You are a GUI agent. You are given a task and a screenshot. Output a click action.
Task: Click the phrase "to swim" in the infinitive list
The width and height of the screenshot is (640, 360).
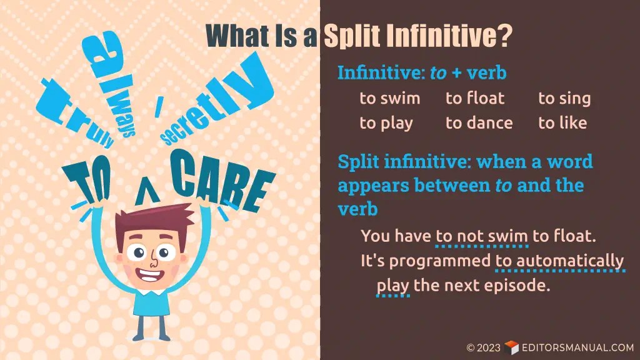[x=389, y=99]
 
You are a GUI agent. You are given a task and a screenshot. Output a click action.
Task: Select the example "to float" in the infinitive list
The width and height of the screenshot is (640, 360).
[x=474, y=99]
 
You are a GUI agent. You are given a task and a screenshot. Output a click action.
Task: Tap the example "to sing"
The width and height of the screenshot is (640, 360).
[x=564, y=99]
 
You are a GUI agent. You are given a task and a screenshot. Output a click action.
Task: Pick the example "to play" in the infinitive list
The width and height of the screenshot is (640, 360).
[x=386, y=123]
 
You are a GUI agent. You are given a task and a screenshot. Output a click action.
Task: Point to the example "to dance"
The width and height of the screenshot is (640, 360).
[x=479, y=123]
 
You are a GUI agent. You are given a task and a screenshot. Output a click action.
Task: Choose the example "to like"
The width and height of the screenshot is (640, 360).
[x=562, y=123]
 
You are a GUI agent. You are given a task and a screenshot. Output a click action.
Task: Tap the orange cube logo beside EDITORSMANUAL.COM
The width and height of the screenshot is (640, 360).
[x=511, y=347]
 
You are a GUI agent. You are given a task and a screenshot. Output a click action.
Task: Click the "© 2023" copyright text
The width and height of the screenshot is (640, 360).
[x=484, y=347]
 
